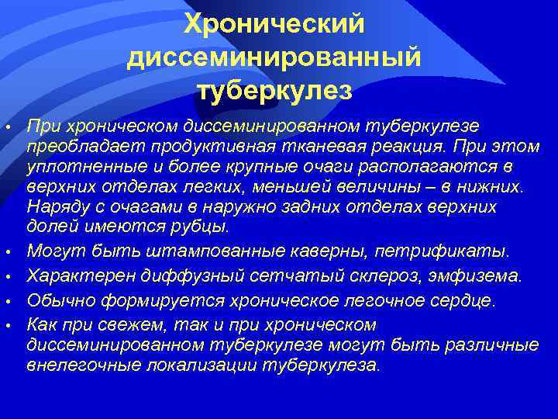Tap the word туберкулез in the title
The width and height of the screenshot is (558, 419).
coord(274,91)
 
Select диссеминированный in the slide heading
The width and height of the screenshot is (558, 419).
coord(274,57)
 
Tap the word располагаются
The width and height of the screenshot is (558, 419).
coord(412,166)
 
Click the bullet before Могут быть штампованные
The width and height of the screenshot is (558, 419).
coord(7,253)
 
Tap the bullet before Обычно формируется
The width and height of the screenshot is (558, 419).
coord(7,301)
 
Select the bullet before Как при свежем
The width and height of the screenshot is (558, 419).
coord(7,325)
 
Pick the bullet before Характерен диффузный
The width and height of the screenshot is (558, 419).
coord(7,277)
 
